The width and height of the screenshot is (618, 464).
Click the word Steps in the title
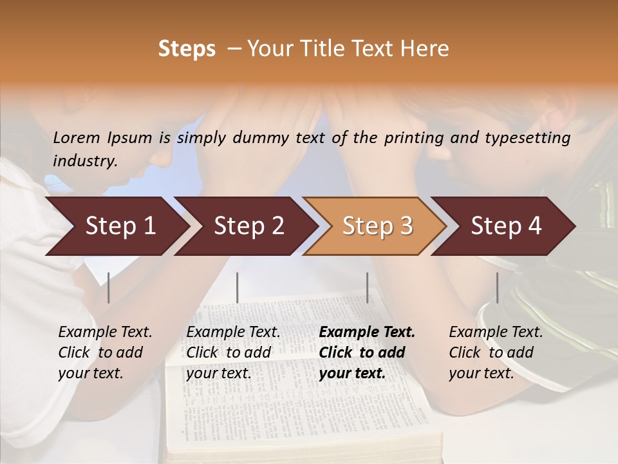click(x=187, y=49)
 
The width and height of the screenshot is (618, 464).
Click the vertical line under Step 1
click(x=109, y=287)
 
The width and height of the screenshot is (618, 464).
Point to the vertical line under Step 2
click(x=238, y=287)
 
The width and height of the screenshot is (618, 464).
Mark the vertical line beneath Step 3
click(x=368, y=287)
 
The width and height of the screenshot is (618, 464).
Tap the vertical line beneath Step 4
click(x=497, y=287)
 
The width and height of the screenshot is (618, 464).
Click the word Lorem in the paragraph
click(x=77, y=137)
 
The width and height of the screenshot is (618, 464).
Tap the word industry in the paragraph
click(x=84, y=160)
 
